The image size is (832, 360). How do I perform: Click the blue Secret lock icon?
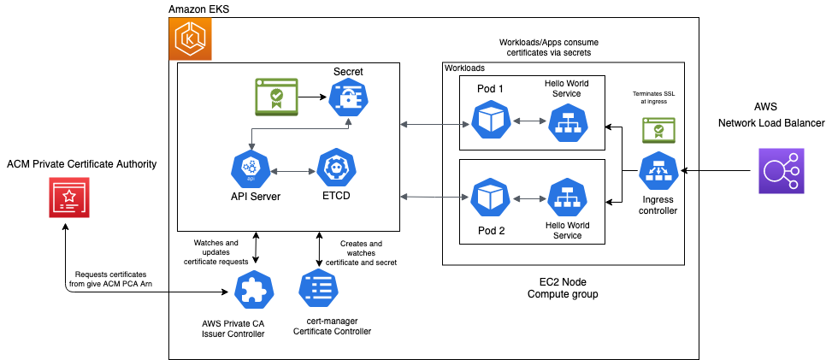(x=348, y=99)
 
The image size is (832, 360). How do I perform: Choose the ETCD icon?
(x=335, y=170)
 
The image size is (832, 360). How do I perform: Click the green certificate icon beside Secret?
(x=276, y=98)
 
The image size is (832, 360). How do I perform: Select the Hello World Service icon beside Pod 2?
(x=566, y=199)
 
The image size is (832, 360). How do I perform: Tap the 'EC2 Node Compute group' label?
(x=563, y=288)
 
